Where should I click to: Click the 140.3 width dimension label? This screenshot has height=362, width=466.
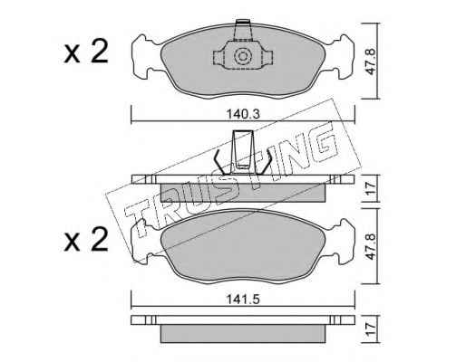(x=243, y=115)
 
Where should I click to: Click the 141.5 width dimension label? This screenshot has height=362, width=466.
(x=243, y=300)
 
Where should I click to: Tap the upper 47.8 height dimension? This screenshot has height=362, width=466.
(x=371, y=62)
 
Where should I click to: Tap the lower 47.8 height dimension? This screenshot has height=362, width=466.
(x=371, y=246)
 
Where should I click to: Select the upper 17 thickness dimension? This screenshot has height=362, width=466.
(x=371, y=189)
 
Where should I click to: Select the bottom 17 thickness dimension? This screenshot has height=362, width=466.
(x=371, y=329)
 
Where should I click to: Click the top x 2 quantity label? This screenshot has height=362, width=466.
(x=86, y=52)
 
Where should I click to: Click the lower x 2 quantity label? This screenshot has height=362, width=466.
(x=86, y=239)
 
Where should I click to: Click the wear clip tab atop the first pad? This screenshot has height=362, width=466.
(x=243, y=30)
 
